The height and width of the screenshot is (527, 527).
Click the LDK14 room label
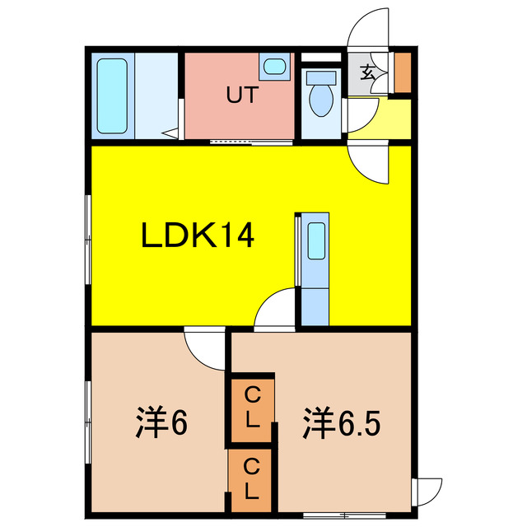coord(198,237)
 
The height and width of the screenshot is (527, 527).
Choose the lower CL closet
coord(253,480)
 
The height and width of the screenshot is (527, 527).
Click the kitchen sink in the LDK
coord(315,244)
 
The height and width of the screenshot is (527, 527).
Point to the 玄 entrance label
coord(368,72)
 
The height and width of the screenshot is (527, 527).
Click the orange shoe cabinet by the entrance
coord(403,72)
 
